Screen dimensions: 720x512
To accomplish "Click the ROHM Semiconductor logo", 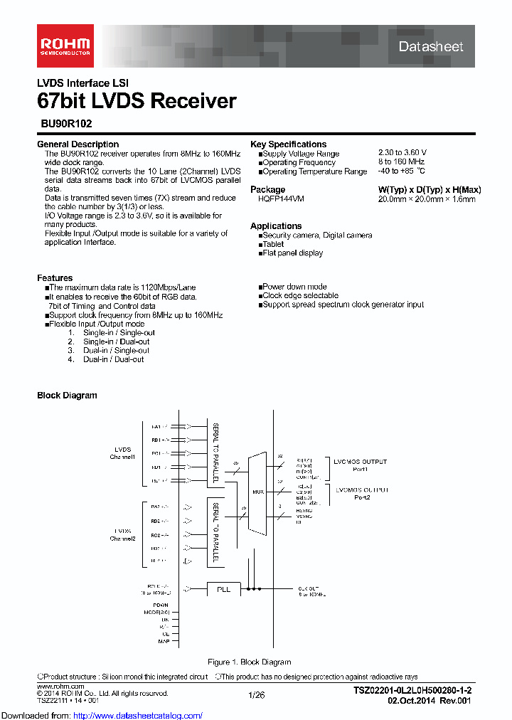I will (65, 46).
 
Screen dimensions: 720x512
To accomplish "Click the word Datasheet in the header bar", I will (430, 47).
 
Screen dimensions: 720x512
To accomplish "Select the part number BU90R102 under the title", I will (66, 123).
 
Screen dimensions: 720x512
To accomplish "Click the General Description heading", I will (78, 144).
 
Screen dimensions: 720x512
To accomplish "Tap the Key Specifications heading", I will (289, 144).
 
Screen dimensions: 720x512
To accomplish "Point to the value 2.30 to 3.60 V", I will (402, 154).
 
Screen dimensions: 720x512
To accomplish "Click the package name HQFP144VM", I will (281, 199).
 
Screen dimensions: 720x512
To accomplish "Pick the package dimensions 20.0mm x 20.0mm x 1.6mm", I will (427, 199).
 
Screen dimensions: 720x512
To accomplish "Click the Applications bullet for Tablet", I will (273, 244).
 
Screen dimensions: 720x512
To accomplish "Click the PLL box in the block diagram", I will (223, 588).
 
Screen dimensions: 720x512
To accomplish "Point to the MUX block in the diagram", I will (258, 492).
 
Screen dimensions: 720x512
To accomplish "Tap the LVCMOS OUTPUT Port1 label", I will (360, 465).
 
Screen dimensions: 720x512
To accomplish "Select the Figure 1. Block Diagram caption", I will (249, 662).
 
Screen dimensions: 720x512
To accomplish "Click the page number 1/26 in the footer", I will (256, 694).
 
